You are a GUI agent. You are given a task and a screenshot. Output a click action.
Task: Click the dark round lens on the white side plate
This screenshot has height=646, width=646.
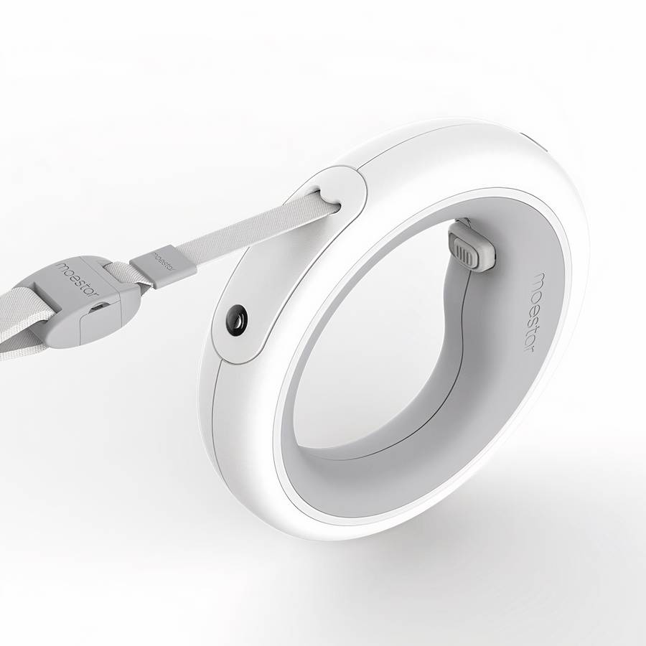(237, 319)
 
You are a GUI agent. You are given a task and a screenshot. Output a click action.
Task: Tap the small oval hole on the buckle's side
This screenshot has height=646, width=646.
(99, 307)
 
